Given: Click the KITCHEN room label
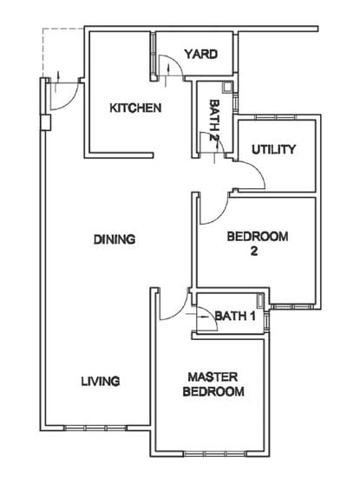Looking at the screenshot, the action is tap(135, 108).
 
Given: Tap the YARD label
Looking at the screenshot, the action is tap(201, 54).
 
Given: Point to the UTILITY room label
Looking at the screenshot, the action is tap(273, 149).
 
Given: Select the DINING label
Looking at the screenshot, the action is tap(115, 239).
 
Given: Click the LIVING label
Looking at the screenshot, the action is tap(101, 382).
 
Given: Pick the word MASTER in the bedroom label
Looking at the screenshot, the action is tap(213, 377).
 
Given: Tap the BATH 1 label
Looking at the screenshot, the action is tap(235, 316).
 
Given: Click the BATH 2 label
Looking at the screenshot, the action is tap(214, 121).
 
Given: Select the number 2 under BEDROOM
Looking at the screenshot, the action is tap(254, 252).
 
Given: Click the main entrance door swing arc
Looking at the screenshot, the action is tap(72, 101).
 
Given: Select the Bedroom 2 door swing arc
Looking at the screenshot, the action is tap(220, 216).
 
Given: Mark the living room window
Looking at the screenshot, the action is tap(95, 428).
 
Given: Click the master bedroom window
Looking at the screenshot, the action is tap(215, 454).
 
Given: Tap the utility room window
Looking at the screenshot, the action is tap(276, 117).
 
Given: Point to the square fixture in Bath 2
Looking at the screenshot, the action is tap(226, 88).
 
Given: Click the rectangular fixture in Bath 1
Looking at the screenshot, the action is tap(261, 300).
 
